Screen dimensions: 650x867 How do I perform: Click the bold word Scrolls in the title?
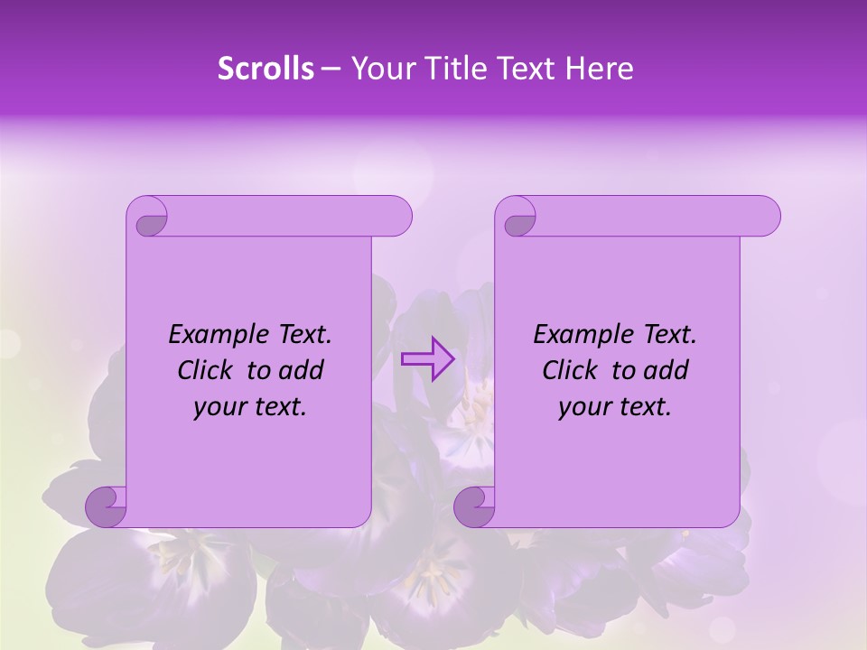(266, 69)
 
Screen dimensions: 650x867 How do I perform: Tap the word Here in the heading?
(599, 69)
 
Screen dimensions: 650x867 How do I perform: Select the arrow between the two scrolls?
(427, 358)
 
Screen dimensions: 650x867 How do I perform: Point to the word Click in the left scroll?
(204, 370)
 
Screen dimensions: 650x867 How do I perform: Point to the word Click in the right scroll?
(569, 370)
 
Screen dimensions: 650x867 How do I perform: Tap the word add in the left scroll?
(303, 370)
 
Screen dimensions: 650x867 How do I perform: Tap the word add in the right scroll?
(667, 370)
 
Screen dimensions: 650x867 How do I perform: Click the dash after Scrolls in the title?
(331, 69)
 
